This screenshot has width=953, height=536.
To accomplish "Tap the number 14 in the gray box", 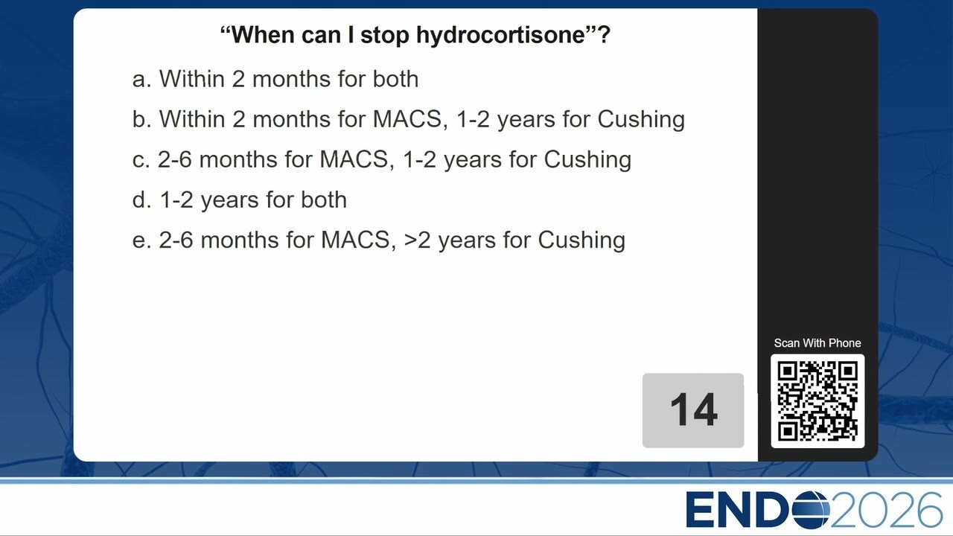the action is click(694, 409).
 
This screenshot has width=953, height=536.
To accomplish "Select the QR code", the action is click(817, 401).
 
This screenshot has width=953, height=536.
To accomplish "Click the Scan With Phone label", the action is click(817, 343).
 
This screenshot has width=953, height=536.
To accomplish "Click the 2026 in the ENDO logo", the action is click(886, 510).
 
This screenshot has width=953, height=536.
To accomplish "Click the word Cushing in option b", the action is click(641, 120).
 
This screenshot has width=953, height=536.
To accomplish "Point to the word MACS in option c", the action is click(354, 159).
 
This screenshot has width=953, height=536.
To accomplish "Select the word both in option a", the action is click(395, 79).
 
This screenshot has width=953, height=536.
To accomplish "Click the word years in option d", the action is click(229, 201).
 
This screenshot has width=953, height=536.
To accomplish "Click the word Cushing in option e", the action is click(581, 241).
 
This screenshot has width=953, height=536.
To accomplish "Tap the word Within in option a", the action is click(192, 79).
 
